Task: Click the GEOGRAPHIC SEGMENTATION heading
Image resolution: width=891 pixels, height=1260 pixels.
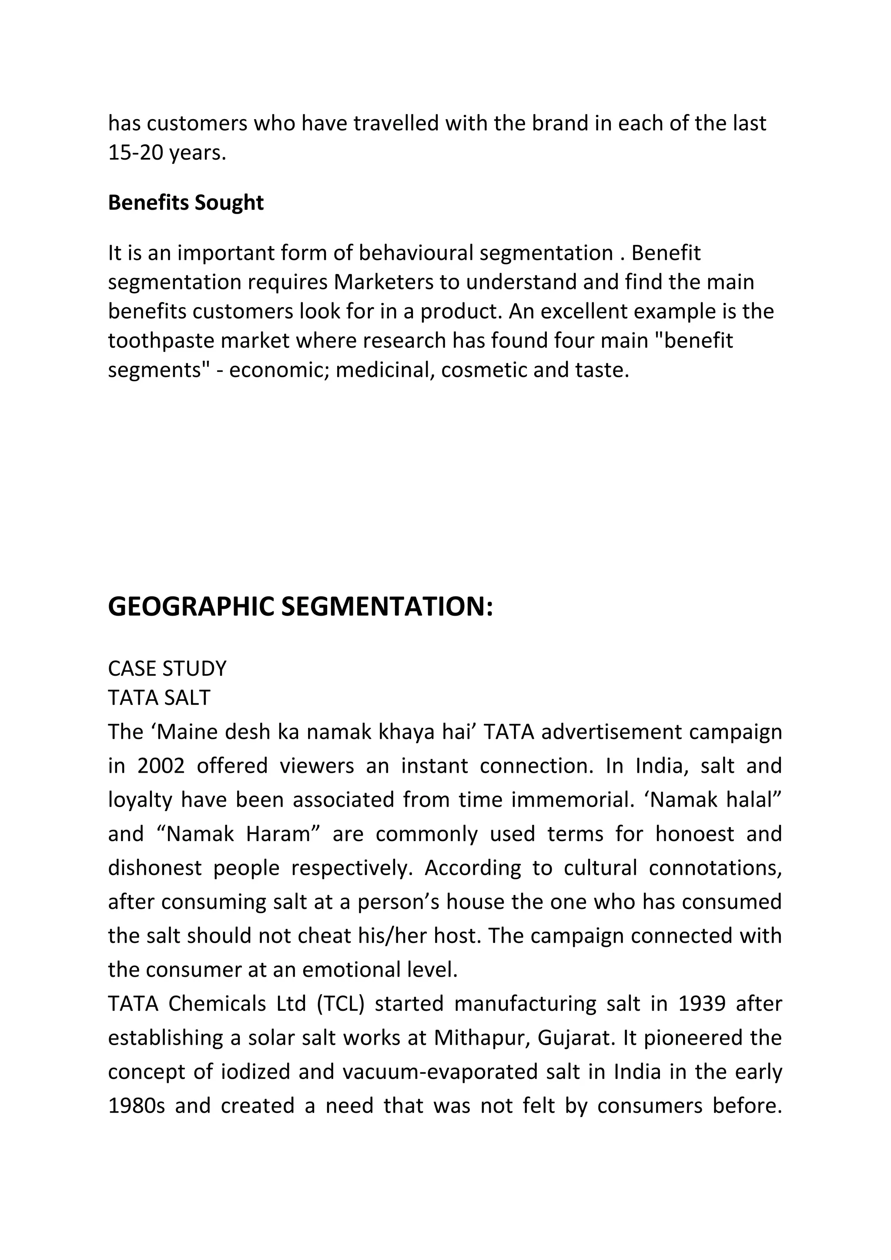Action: click(x=300, y=607)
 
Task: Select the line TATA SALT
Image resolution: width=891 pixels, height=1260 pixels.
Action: click(x=159, y=698)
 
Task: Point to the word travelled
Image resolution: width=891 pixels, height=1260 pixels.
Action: click(x=395, y=124)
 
